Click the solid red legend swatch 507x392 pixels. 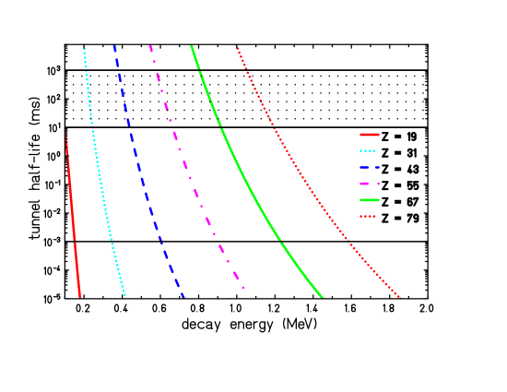(369, 135)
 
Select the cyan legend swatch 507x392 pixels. (369, 150)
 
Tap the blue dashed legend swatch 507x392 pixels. (369, 167)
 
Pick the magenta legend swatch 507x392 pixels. (369, 184)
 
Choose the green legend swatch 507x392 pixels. (369, 200)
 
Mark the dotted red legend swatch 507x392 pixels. (369, 216)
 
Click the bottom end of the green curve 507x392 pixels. (323, 297)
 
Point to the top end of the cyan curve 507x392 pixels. (84, 48)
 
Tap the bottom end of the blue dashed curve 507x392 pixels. (183, 296)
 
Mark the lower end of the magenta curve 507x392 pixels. (243, 288)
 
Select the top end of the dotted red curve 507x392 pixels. (237, 48)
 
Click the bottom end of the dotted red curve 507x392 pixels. (400, 297)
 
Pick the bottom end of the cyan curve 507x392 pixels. (124, 295)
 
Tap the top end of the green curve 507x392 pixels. (192, 47)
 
